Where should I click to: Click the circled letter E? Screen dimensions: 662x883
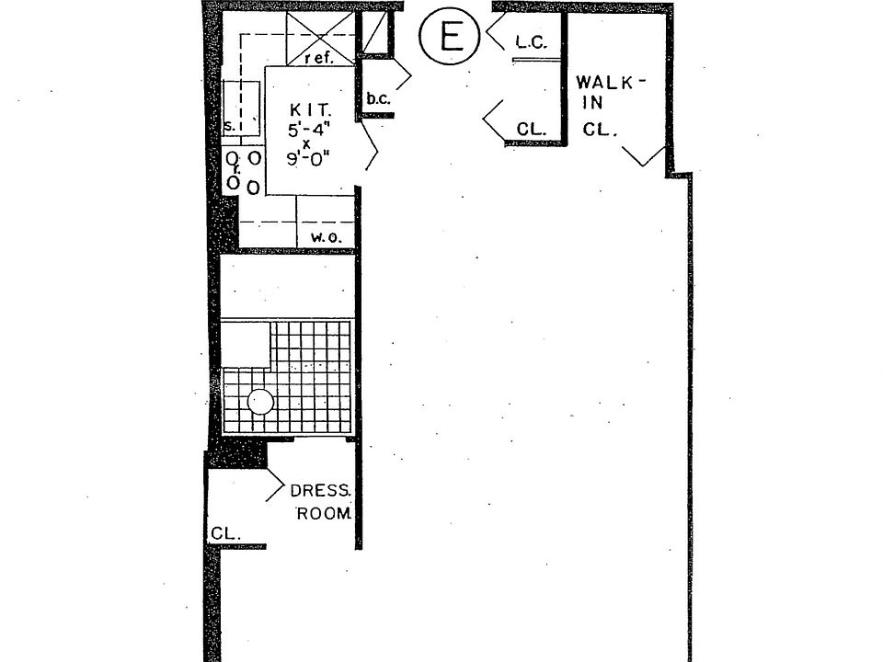tap(448, 36)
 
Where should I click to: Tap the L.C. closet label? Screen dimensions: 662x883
tap(532, 41)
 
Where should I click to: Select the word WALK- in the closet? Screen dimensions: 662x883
tap(611, 83)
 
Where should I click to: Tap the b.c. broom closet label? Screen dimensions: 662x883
tap(375, 98)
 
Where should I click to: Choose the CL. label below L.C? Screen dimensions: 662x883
tap(531, 130)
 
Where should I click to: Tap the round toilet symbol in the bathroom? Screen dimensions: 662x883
tap(261, 401)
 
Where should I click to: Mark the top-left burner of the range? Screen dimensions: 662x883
tap(233, 158)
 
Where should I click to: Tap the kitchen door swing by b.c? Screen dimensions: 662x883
tap(372, 147)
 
